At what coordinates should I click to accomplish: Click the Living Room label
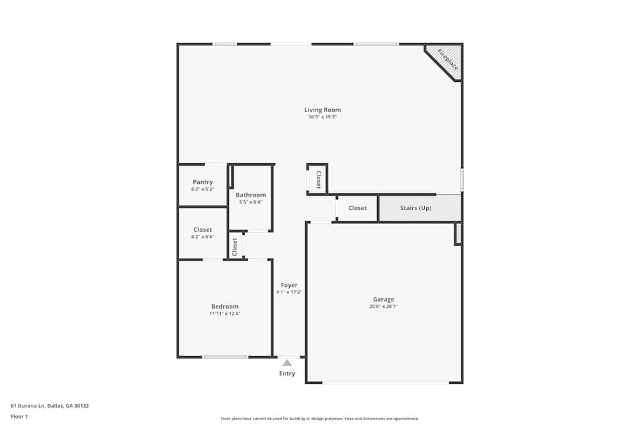(323, 110)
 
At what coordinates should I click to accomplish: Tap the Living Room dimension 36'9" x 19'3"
(323, 117)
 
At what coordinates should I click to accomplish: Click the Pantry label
(203, 182)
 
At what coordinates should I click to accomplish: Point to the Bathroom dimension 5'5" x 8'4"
(251, 202)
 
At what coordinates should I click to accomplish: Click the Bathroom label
(251, 195)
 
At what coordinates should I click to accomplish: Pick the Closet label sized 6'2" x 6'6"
(203, 230)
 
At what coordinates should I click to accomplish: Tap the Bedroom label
(225, 307)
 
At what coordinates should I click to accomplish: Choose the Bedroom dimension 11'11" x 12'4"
(225, 314)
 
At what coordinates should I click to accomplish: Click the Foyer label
(289, 286)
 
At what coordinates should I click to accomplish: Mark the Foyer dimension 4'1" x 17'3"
(289, 292)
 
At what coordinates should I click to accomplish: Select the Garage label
(384, 300)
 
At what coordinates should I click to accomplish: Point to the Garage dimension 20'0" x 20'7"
(384, 307)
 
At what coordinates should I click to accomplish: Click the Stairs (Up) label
(416, 208)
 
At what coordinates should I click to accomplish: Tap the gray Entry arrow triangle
(287, 363)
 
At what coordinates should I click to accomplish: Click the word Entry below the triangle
(287, 374)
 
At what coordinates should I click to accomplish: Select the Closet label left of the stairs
(358, 208)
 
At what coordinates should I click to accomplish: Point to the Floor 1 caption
(19, 416)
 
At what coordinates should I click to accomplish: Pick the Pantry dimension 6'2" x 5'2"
(203, 189)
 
